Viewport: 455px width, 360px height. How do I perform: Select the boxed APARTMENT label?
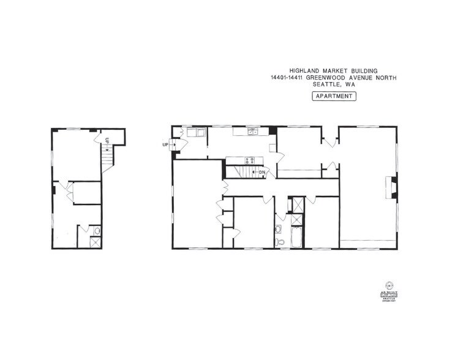[334, 96]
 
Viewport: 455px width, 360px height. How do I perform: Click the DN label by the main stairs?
[262, 172]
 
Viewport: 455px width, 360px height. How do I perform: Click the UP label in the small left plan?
[107, 141]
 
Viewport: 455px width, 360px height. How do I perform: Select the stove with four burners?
[250, 160]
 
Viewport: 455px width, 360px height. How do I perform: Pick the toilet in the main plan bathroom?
[280, 241]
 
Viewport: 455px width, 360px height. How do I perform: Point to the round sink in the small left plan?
[96, 230]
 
